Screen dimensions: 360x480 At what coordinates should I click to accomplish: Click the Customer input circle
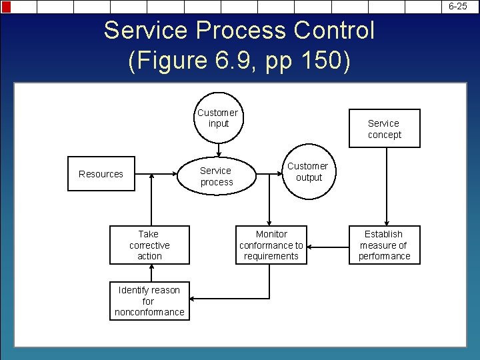[x=218, y=118]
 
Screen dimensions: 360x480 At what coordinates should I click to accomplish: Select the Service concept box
[x=385, y=129]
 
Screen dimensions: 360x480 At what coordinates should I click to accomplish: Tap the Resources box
[x=101, y=174]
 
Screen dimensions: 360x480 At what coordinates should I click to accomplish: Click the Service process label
[x=216, y=177]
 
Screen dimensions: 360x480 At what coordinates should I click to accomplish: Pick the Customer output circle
[x=308, y=172]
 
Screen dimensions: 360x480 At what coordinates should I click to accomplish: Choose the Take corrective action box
[x=149, y=245]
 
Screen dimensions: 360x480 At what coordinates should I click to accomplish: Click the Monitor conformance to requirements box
[x=271, y=245]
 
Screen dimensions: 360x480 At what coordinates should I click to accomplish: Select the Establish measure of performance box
[x=385, y=245]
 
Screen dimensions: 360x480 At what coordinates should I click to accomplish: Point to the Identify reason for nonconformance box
[x=149, y=301]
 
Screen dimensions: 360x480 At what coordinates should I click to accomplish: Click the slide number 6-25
[x=458, y=6]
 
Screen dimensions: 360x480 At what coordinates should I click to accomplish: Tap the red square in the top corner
[x=6, y=7]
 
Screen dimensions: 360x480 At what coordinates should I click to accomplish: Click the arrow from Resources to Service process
[x=160, y=175]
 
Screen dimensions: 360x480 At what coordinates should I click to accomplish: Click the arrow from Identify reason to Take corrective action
[x=151, y=273]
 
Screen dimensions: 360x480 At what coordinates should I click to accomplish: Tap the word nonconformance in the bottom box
[x=149, y=312]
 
